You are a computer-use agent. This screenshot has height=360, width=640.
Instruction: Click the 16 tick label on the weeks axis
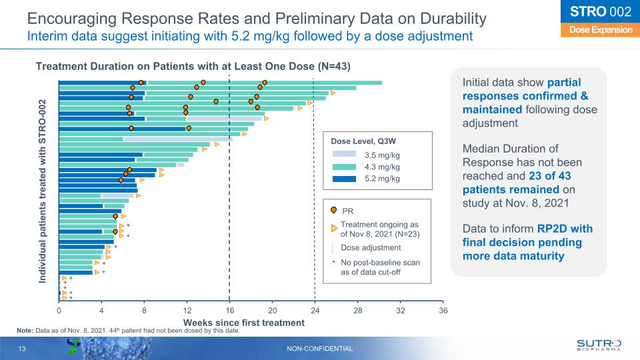pos(229,310)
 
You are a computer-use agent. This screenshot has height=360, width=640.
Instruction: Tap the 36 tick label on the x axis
pos(443,310)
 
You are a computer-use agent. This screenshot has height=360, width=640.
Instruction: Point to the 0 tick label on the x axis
pos(59,310)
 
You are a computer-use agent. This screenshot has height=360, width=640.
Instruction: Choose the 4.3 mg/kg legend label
pos(383,166)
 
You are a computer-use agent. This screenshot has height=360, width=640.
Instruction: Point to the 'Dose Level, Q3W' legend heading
pos(362,141)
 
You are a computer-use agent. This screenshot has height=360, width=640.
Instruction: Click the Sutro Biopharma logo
pos(598,345)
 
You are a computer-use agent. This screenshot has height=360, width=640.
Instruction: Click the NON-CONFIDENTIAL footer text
pos(319,349)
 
